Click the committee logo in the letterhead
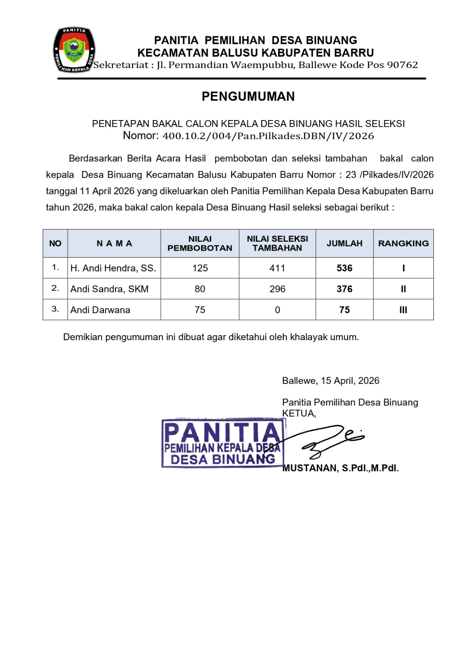74,50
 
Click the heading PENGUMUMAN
248,96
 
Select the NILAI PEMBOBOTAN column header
199,243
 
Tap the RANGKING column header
403,243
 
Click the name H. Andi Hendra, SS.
113,268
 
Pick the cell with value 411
277,268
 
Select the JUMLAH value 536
344,268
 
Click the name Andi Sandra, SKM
109,289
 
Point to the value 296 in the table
277,289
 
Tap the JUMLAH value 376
344,289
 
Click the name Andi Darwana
100,310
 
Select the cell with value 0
277,310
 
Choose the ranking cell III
403,310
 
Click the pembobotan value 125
200,268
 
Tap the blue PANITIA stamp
222,443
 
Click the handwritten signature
330,440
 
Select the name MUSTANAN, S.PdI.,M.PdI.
341,468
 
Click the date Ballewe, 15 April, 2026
331,381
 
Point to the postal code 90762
402,65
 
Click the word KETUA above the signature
299,413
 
